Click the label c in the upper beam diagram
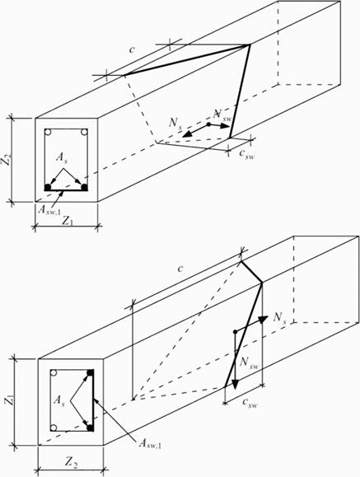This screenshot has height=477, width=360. coord(132,49)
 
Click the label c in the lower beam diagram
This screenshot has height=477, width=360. coord(180,269)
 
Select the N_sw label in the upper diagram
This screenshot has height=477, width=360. coord(222,115)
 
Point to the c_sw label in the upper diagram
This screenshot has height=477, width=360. coord(246,154)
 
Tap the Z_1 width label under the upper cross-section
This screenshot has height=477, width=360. coord(68,221)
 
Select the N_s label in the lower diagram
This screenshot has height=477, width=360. coord(280,318)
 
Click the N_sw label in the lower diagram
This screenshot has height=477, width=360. coord(250,362)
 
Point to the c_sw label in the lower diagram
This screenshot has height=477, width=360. coord(250,403)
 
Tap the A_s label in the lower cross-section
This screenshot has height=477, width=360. coord(59,400)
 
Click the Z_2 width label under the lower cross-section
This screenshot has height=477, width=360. coord(70,462)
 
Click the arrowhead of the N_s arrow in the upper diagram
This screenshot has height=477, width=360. coord(187,134)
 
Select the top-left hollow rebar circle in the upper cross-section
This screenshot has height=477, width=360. coord(49,133)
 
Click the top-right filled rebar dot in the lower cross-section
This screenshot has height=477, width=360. coord(90,373)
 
